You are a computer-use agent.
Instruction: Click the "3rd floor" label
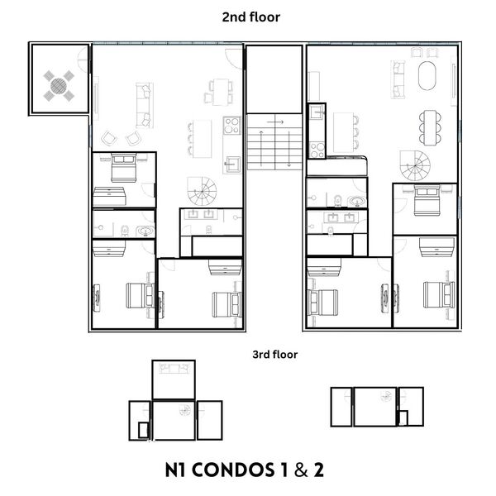(274, 355)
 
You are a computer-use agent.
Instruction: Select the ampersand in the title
(295, 470)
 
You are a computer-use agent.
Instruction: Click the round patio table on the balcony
(60, 83)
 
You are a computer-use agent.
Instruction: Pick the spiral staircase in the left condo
(202, 194)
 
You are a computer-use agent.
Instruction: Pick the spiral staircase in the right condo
(415, 165)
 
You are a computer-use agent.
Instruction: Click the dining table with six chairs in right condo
(429, 126)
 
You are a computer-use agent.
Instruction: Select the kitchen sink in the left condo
(232, 160)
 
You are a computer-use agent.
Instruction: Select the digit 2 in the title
(317, 470)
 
